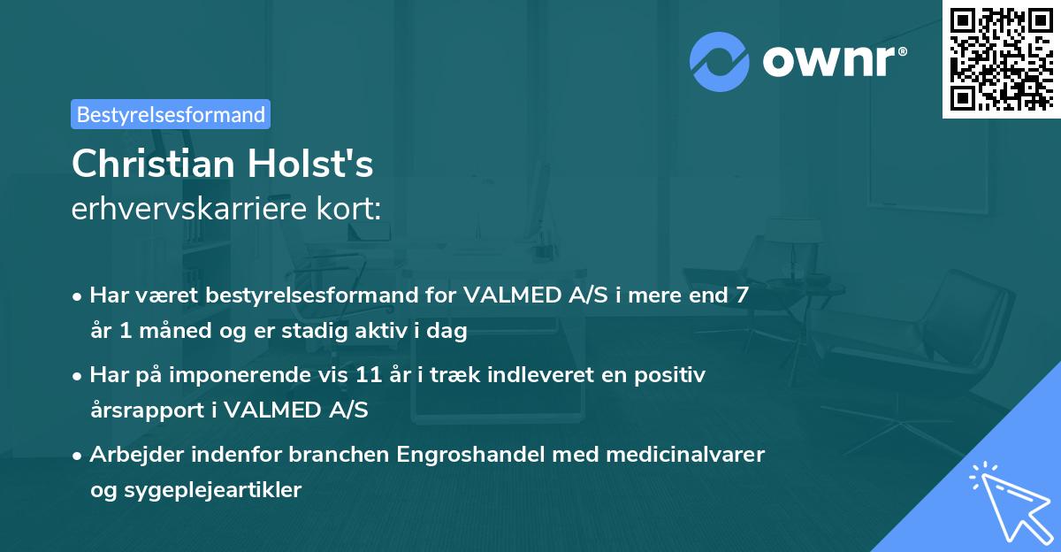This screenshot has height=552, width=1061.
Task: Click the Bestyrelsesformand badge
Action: [171, 114]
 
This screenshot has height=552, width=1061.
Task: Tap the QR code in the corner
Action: [1001, 58]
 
